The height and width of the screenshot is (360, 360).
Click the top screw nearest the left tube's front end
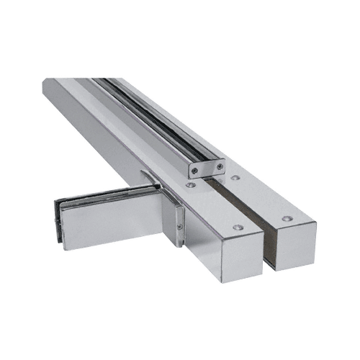(238, 228)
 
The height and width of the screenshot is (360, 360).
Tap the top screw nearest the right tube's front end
(287, 217)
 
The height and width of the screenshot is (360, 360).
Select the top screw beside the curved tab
(189, 185)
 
